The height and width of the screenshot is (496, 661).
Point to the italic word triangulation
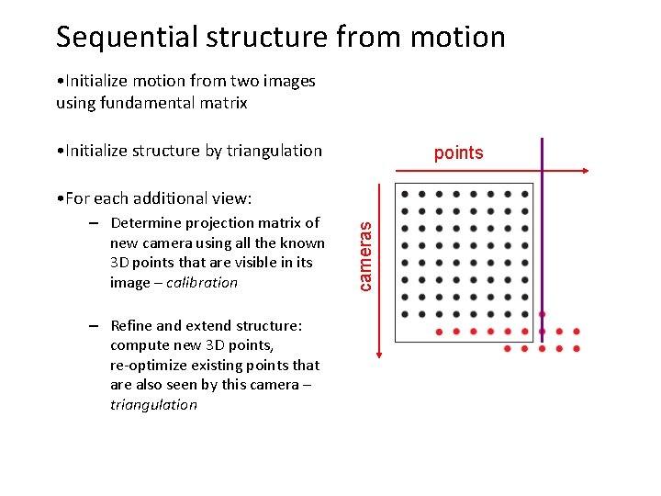[153, 404]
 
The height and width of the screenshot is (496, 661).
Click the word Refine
[131, 326]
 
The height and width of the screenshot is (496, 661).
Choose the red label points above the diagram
[458, 153]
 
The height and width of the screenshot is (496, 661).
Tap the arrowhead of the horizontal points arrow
[583, 171]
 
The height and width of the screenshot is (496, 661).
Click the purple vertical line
[542, 239]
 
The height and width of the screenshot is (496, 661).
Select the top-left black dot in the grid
[404, 195]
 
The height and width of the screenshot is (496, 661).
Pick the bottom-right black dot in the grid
[524, 314]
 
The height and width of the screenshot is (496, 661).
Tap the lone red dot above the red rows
[542, 314]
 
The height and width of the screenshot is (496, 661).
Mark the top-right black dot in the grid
[524, 195]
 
